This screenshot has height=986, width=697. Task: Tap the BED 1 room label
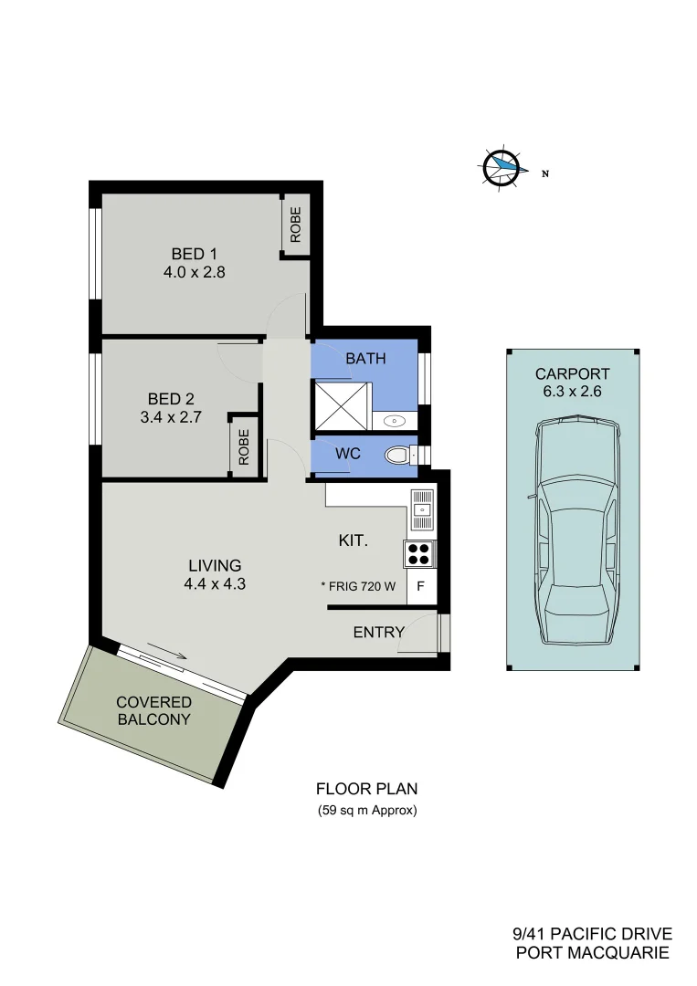[195, 253]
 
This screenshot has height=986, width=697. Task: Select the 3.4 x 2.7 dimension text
[171, 416]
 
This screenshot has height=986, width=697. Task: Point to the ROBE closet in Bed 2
[244, 447]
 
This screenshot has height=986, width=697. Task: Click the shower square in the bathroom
[342, 405]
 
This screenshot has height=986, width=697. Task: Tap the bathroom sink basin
[395, 421]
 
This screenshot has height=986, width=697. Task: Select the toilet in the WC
[399, 454]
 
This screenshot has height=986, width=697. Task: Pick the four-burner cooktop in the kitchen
[419, 555]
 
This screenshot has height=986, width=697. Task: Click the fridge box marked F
[421, 587]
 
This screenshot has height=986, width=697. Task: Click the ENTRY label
[378, 632]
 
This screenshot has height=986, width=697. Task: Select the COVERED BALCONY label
[154, 710]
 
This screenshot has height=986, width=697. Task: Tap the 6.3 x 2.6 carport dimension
[573, 392]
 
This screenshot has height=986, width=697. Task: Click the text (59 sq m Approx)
[366, 810]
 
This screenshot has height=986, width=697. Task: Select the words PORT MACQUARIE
[593, 953]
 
